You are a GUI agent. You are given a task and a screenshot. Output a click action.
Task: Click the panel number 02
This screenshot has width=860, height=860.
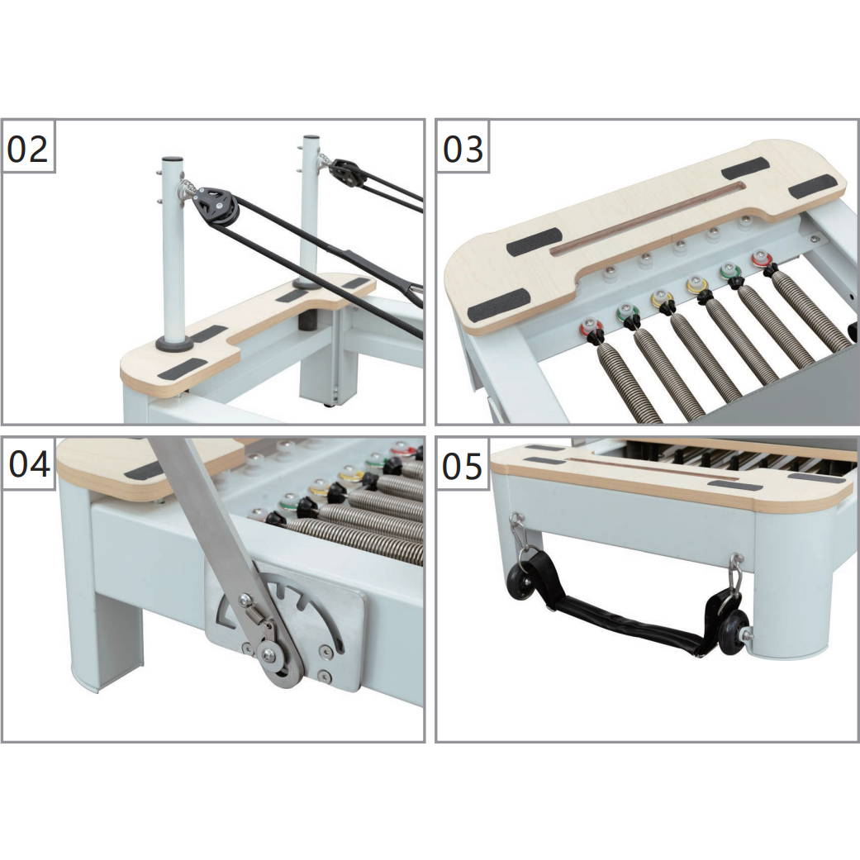[x=28, y=149]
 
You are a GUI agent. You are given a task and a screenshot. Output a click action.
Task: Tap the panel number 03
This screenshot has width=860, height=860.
[x=463, y=149]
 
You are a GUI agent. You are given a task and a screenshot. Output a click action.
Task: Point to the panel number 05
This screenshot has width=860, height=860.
[x=463, y=466]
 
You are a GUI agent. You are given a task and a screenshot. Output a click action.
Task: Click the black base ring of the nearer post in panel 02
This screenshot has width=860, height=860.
[x=175, y=344]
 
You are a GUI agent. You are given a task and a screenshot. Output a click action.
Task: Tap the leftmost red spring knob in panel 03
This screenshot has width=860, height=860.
[x=592, y=329]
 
